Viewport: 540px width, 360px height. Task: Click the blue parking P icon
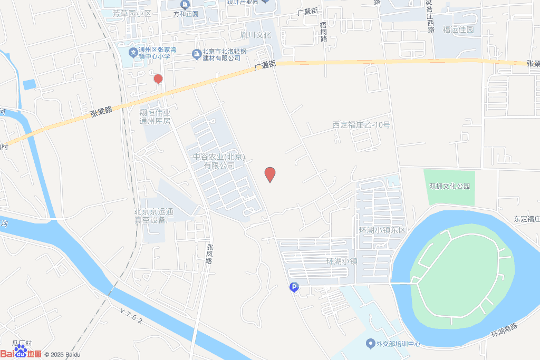pos(294,287)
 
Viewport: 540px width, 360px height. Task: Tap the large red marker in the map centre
pos(270,174)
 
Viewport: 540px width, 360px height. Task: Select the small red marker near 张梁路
pos(158,79)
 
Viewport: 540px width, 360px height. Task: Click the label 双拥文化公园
pos(449,186)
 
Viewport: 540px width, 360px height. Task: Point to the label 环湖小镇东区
pos(382,230)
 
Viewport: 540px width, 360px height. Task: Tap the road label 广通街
pos(265,65)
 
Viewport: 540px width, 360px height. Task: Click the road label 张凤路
pos(209,254)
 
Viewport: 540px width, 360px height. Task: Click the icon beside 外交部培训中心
pos(370,344)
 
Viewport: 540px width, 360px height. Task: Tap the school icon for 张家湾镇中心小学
pos(134,53)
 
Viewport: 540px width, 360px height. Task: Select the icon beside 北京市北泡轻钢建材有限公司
pos(196,53)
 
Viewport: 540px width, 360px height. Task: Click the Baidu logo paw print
pos(20,349)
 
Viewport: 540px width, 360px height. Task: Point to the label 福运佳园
pos(458,30)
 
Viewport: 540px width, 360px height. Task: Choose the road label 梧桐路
pos(323,32)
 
